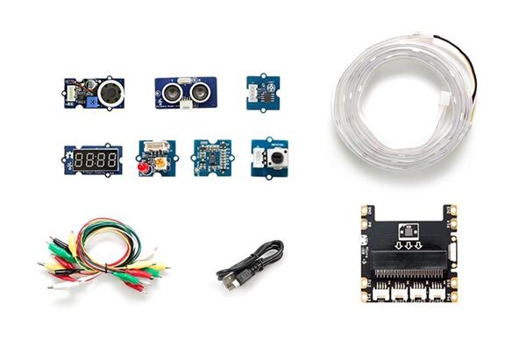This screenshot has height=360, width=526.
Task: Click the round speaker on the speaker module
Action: pyautogui.click(x=109, y=91)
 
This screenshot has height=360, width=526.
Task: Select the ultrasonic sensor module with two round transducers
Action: pyautogui.click(x=187, y=90)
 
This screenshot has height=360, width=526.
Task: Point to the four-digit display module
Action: pyautogui.click(x=92, y=159)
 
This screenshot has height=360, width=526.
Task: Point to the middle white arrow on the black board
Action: pyautogui.click(x=409, y=246)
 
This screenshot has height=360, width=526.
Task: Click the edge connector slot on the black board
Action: pyautogui.click(x=408, y=259)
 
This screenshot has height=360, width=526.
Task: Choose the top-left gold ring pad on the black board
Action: pyautogui.click(x=366, y=211)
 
